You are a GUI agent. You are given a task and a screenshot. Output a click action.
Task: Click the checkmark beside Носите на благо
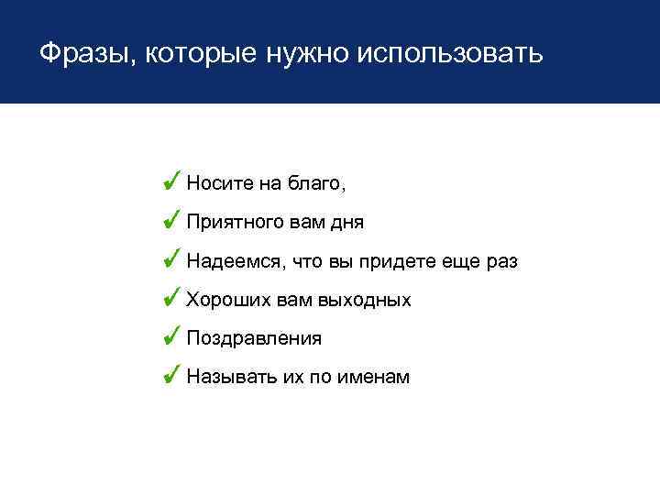tap(170, 181)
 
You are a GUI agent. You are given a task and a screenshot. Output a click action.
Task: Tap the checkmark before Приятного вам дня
tap(170, 221)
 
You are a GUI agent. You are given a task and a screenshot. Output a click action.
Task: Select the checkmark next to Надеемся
tap(170, 260)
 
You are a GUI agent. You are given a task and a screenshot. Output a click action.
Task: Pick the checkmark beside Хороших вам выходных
tap(170, 299)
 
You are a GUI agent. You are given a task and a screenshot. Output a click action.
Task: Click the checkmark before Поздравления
tap(170, 337)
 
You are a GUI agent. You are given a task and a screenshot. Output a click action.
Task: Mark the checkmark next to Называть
tap(170, 376)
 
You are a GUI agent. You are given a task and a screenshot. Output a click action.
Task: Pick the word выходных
tap(369, 301)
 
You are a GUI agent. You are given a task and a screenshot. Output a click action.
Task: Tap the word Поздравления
tap(254, 339)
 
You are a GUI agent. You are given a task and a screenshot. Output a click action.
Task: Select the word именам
tap(374, 378)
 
